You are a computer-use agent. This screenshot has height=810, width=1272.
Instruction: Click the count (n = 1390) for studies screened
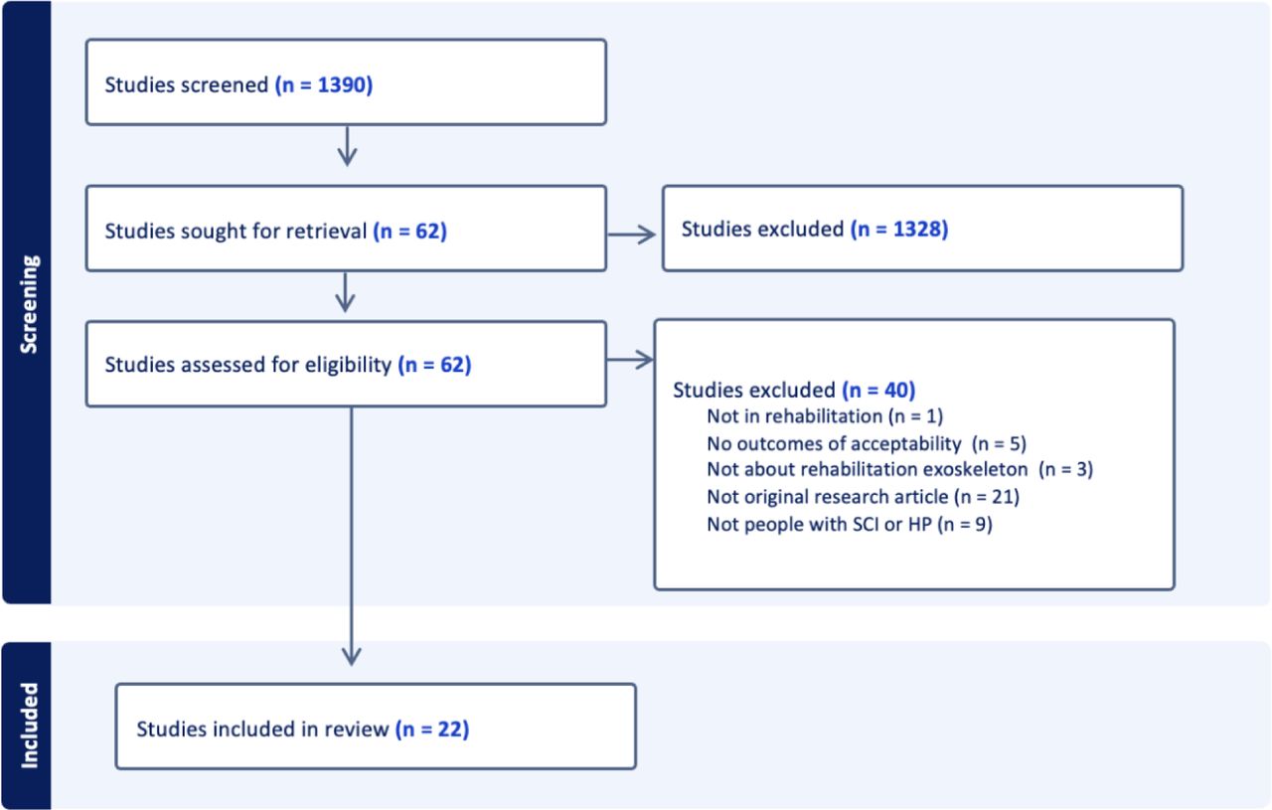[x=324, y=85]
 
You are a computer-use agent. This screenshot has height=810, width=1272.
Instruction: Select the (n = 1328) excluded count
[x=899, y=229]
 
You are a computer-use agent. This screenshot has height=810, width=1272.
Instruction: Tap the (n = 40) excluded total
[x=878, y=391]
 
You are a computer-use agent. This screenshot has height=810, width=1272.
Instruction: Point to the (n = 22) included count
[x=432, y=729]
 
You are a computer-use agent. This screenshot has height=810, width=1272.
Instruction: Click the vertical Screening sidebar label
[x=29, y=304]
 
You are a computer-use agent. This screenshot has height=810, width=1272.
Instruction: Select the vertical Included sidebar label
[x=29, y=726]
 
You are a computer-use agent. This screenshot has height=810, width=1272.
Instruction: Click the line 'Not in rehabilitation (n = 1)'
[x=825, y=416]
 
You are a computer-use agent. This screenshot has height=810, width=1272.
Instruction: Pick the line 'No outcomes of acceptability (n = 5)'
[x=867, y=443]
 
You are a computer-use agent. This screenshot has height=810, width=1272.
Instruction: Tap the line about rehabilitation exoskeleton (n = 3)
[x=900, y=469]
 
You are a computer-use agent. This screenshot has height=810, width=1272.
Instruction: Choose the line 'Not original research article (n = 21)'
[x=864, y=497]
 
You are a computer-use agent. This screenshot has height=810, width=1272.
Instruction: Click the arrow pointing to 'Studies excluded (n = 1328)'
[x=631, y=234]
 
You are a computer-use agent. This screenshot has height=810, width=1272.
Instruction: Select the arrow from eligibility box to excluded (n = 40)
[x=630, y=359]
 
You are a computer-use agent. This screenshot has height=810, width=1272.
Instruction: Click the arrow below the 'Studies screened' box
[x=347, y=146]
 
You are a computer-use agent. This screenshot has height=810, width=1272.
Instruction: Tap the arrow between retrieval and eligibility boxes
[x=345, y=292]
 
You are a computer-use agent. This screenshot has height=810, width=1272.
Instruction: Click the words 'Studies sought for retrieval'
[x=236, y=232]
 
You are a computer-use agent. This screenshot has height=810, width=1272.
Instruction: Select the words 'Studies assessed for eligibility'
[x=248, y=365]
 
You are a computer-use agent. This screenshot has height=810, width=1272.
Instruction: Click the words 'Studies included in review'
[x=263, y=729]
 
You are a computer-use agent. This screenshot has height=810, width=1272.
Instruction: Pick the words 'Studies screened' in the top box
[x=187, y=85]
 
